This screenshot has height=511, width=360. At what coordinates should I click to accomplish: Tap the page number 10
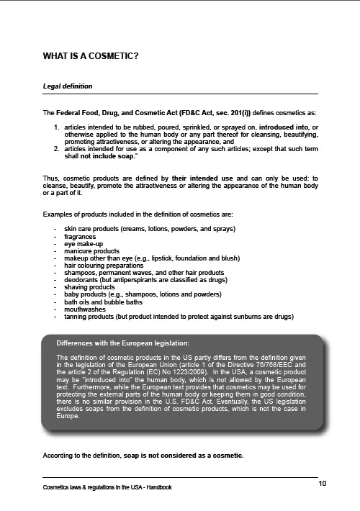click(322, 481)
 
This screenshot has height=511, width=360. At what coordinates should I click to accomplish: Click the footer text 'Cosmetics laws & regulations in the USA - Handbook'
click(110, 489)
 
